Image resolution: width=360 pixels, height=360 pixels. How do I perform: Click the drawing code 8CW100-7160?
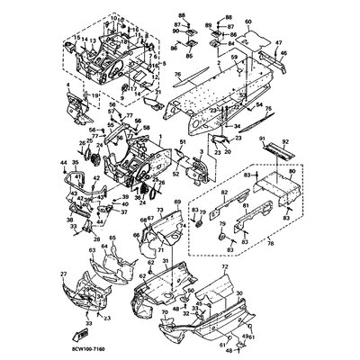click(x=38, y=343)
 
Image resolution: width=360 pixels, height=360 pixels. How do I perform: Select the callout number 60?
click(x=249, y=18)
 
